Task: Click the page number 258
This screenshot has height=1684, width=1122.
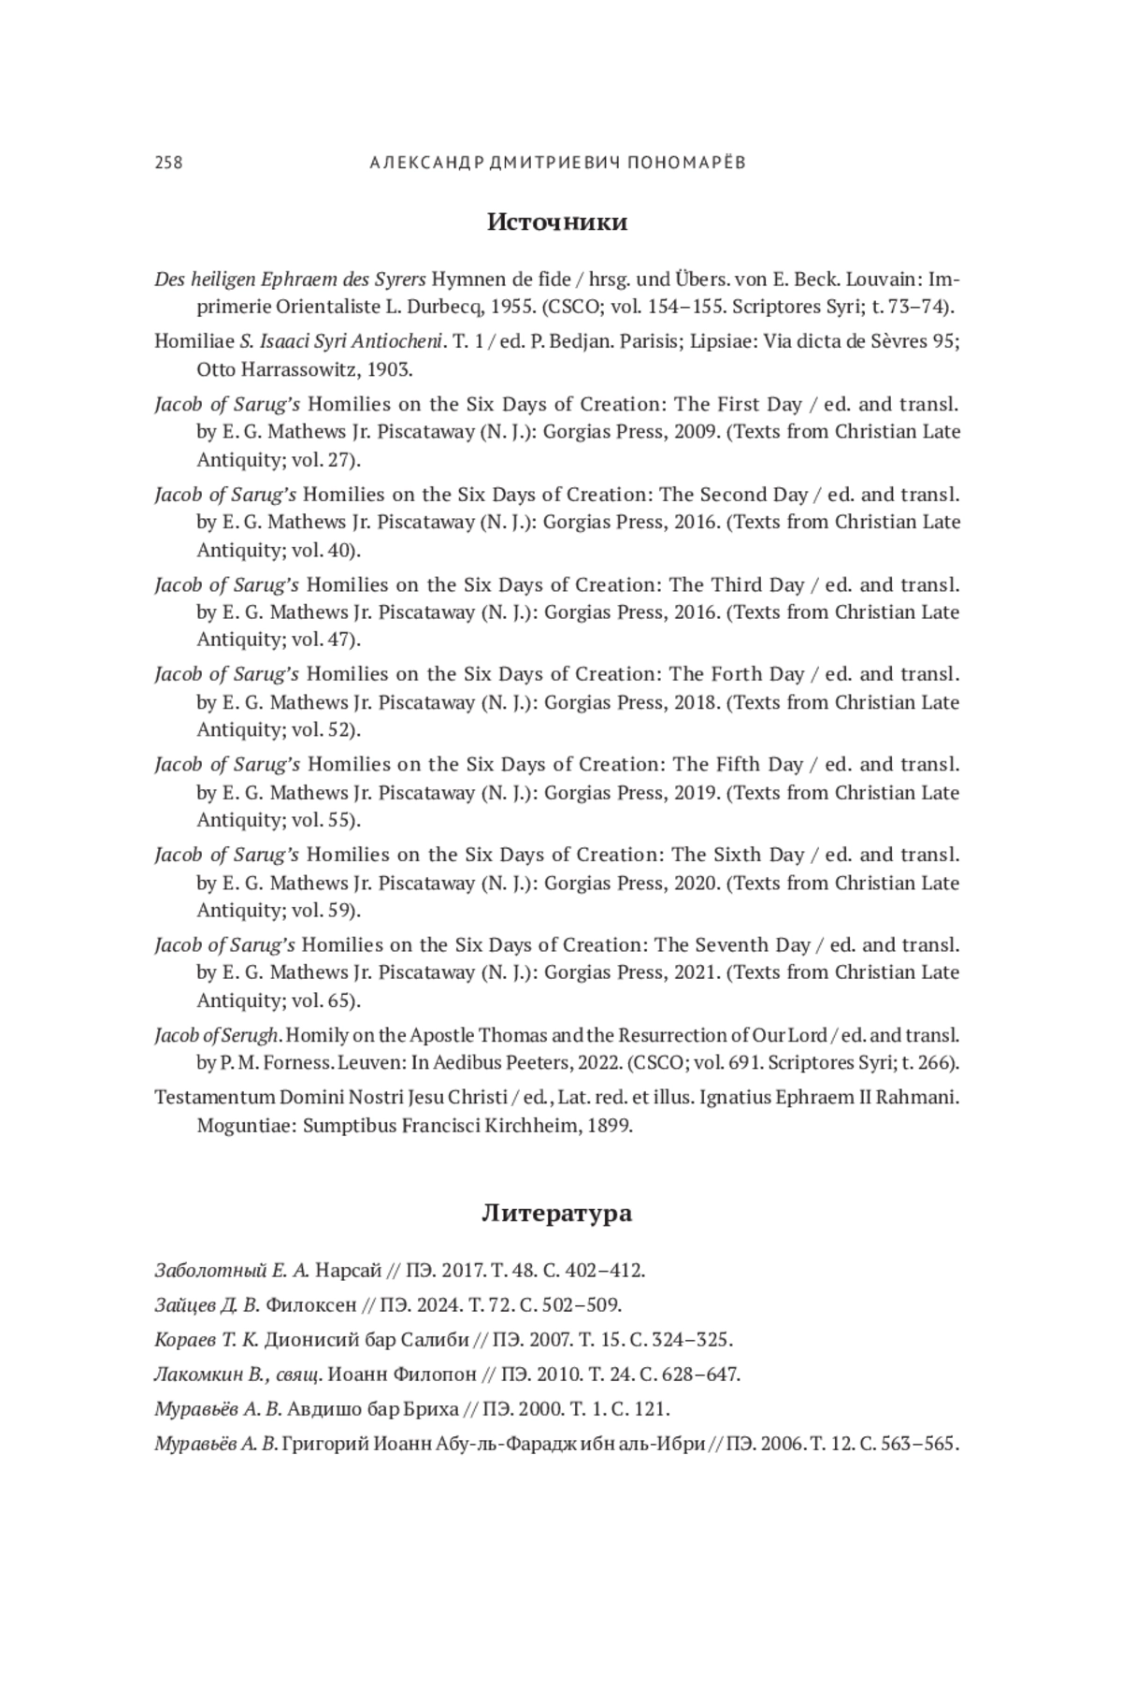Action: (x=168, y=163)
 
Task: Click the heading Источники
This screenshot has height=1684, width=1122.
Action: (x=557, y=223)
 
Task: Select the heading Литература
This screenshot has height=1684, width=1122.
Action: (x=556, y=1214)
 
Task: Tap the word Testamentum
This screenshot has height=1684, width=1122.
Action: (x=215, y=1098)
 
